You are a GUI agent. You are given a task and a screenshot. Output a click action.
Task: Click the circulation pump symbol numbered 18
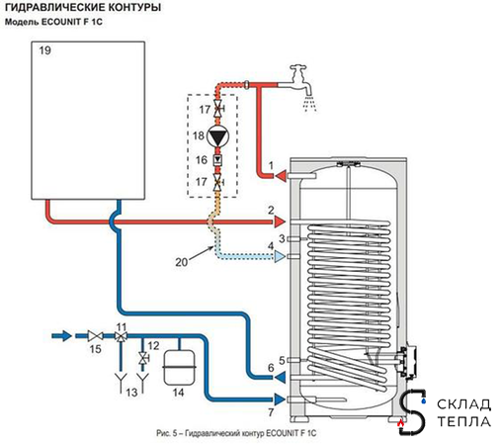[x=217, y=135]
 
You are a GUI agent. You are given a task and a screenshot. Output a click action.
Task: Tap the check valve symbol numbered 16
[x=217, y=160]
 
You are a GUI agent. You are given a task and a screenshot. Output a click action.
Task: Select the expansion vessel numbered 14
[x=179, y=368]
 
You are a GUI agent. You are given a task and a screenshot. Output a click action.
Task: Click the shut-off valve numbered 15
[x=95, y=336]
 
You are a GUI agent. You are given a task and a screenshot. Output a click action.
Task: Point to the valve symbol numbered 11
[x=122, y=336]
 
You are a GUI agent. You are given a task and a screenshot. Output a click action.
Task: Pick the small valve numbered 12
[x=143, y=358]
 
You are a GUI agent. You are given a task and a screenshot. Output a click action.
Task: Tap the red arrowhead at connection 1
[x=281, y=176]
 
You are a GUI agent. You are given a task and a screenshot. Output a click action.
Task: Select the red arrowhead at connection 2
[x=281, y=222]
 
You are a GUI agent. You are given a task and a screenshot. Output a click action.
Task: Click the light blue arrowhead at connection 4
[x=281, y=256]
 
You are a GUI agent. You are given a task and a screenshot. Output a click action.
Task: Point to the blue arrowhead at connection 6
[x=280, y=377]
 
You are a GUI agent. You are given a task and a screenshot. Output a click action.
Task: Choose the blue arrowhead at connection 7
[x=280, y=400]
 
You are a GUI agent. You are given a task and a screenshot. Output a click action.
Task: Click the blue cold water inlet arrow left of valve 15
[x=62, y=336]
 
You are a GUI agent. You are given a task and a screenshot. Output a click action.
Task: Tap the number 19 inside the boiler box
[x=44, y=50]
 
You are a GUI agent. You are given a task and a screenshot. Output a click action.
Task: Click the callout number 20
[x=182, y=262]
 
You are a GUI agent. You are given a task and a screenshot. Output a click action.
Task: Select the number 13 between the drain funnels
[x=131, y=393]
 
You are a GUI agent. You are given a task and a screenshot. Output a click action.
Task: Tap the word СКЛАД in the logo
[x=463, y=404]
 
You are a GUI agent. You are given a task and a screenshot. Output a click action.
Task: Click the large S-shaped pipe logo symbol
[x=412, y=412]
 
